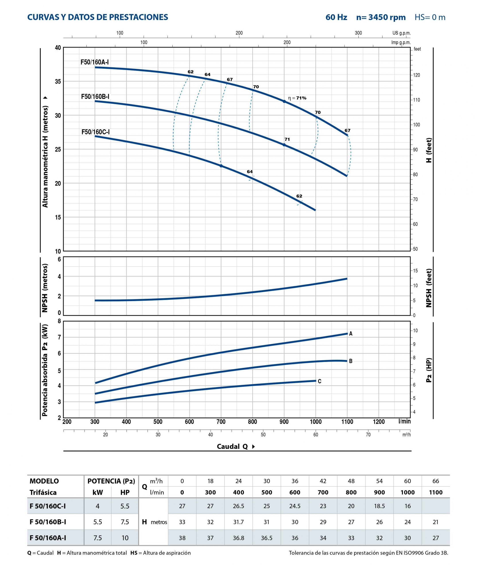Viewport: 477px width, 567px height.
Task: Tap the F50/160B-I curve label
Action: (95, 97)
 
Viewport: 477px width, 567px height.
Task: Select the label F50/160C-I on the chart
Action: (95, 132)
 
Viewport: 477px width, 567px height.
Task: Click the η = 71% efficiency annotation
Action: (297, 98)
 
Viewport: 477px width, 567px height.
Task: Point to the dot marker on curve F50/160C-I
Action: (221, 166)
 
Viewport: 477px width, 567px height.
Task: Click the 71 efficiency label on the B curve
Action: (287, 139)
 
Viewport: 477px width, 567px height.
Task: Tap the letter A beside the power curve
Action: (351, 334)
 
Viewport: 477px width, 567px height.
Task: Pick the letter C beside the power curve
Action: (319, 381)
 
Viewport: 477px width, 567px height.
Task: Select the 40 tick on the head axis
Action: (58, 48)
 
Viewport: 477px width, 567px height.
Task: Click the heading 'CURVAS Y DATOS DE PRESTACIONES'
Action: (98, 17)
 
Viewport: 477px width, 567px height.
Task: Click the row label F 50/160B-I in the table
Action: (48, 522)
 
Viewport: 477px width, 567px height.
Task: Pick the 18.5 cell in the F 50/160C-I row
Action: (379, 506)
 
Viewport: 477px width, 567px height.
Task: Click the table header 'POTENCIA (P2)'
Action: (111, 481)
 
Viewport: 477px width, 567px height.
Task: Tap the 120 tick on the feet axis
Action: (417, 75)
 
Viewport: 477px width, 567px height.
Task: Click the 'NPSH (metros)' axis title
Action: (45, 288)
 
